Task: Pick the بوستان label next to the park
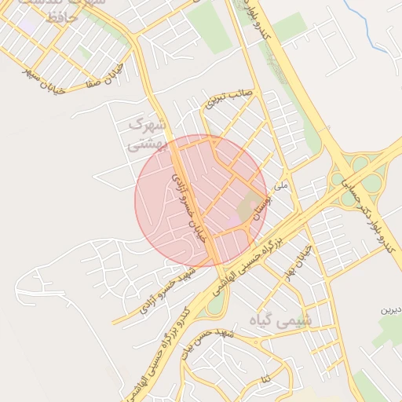[260, 205]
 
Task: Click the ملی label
[283, 186]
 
